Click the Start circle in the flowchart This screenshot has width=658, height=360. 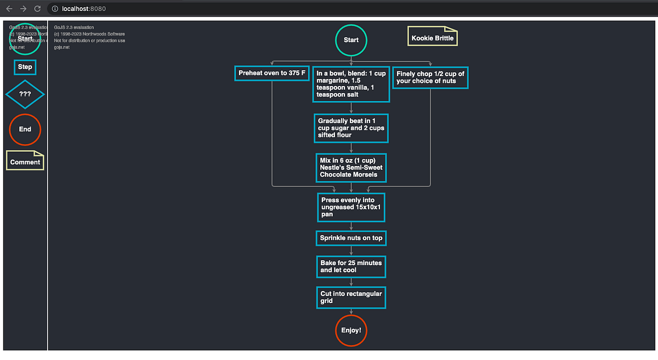point(351,40)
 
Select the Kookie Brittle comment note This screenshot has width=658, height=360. point(433,38)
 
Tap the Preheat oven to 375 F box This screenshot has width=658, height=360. point(272,73)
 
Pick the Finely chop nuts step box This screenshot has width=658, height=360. point(430,77)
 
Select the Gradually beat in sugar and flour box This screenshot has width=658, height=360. point(351,128)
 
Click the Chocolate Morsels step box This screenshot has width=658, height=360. point(351,168)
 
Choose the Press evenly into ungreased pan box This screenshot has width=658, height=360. point(351,207)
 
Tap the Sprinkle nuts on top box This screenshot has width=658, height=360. point(351,238)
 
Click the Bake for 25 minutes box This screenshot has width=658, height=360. point(351,266)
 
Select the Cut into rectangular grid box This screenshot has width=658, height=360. point(351,297)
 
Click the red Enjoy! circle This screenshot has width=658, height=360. point(351,330)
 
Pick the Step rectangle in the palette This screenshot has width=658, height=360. point(25,67)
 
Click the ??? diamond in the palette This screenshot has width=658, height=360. point(25,94)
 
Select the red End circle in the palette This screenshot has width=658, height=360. point(25,129)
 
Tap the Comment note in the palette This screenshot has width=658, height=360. point(25,161)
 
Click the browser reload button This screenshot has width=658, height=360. point(37,9)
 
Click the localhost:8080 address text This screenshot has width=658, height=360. point(84,9)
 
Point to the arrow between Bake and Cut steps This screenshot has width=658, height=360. point(351,282)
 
